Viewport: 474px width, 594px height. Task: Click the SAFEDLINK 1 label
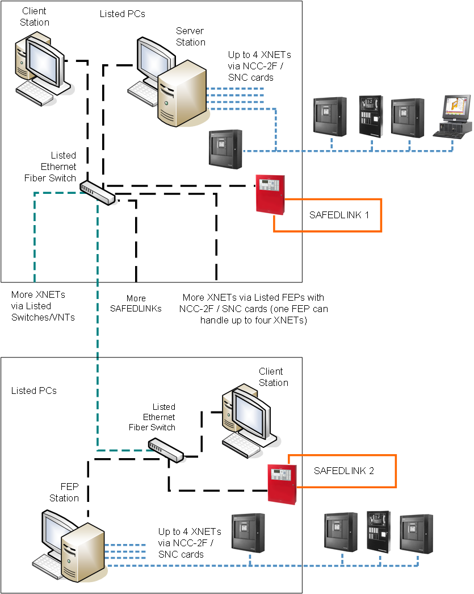click(339, 215)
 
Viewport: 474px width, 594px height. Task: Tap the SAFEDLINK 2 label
click(344, 471)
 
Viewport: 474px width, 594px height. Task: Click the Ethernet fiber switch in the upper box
click(97, 193)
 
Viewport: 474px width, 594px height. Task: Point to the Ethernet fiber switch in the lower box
click(166, 450)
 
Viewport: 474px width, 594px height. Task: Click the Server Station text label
click(190, 36)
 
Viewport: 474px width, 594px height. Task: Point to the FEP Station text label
click(64, 493)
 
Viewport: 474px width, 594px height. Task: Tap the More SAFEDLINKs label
click(136, 304)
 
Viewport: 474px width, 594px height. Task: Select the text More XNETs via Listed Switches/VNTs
click(43, 306)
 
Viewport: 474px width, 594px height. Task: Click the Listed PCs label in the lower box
click(34, 391)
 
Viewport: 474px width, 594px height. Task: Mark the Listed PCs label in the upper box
click(122, 14)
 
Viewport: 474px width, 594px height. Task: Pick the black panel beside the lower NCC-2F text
click(249, 533)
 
